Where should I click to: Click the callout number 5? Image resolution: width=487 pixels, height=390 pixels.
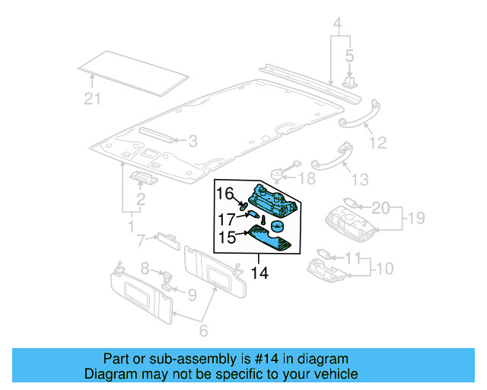coord(349,56)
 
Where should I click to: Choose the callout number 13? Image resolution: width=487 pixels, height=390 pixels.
coord(358,179)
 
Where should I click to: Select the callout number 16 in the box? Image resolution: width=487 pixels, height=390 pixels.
coord(224,193)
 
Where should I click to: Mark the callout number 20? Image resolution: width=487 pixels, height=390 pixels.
coord(380,208)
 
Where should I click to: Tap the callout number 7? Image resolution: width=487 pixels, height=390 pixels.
coord(141,241)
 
